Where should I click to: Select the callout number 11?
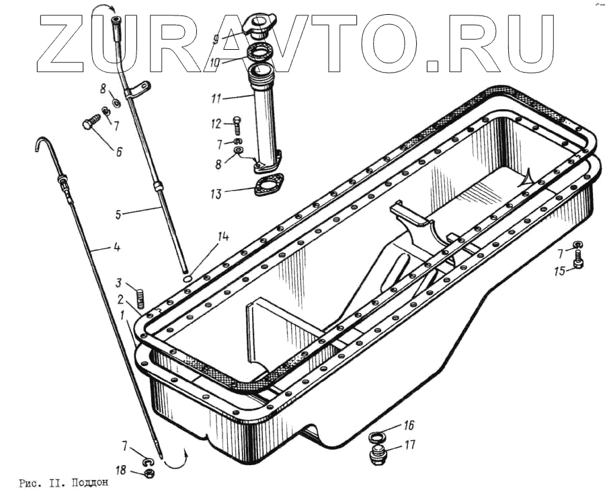tap(216, 98)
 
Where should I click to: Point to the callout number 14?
tap(223, 236)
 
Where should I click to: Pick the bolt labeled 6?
tap(91, 125)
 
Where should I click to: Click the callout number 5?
tap(118, 215)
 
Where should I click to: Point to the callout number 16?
tap(408, 425)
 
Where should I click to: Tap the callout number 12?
tap(216, 123)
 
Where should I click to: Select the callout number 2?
tap(120, 300)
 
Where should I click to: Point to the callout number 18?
tap(120, 470)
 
